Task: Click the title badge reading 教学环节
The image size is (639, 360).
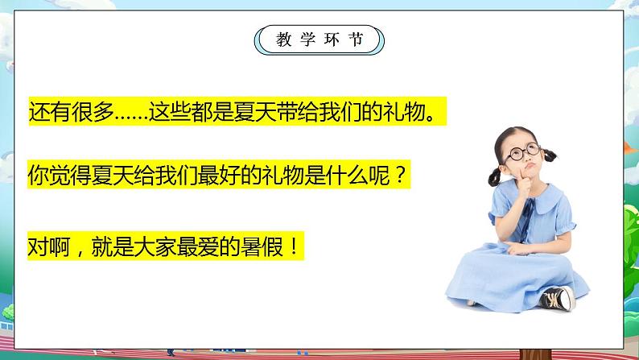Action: pyautogui.click(x=319, y=38)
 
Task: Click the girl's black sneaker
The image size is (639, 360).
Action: pyautogui.click(x=557, y=298)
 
